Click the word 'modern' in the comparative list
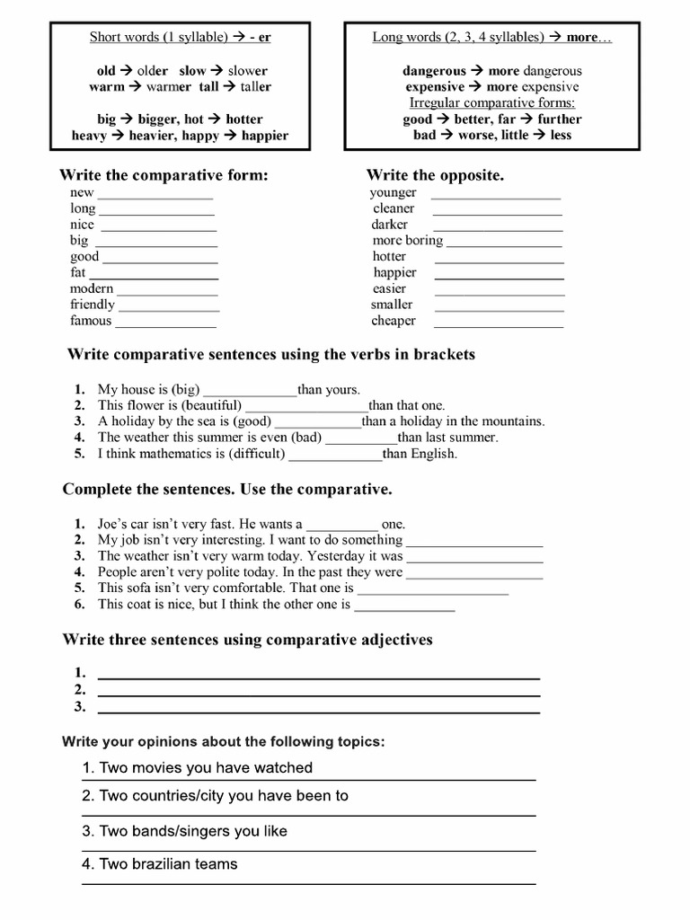[x=92, y=288]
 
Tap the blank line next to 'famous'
[x=166, y=325]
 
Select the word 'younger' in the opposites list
[x=393, y=192]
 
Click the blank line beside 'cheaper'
[x=499, y=325]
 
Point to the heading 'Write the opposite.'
[x=435, y=175]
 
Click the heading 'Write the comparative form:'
[x=164, y=175]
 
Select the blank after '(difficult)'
[x=335, y=458]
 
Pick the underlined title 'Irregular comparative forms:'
[x=491, y=103]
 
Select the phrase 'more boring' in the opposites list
[x=408, y=241]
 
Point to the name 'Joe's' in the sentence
[x=115, y=524]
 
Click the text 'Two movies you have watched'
[x=206, y=767]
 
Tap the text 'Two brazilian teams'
[x=168, y=863]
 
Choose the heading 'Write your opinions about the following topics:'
[x=223, y=741]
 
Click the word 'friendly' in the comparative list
[x=93, y=305]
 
